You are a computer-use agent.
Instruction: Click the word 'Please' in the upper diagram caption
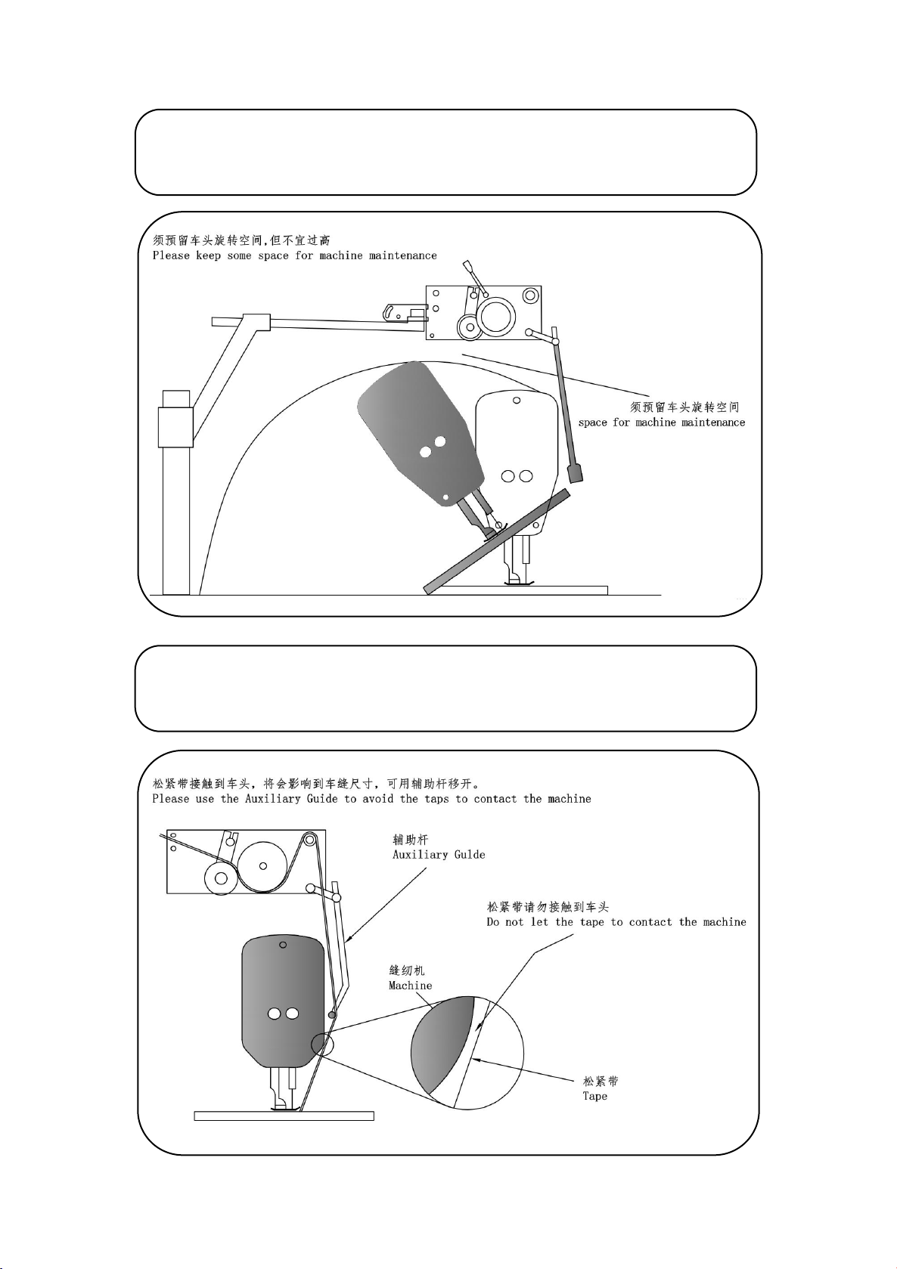click(171, 255)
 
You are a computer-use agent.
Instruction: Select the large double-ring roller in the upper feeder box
click(497, 316)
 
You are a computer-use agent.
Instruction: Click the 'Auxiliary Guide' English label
click(439, 855)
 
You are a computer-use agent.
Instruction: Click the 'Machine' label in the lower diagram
click(410, 986)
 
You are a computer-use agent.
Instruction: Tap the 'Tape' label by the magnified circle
click(594, 1096)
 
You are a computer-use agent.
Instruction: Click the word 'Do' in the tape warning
click(492, 922)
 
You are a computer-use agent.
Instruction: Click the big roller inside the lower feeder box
click(262, 866)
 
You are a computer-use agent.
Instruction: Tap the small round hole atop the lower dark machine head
click(283, 945)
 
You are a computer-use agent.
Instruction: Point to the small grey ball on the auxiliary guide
click(332, 1014)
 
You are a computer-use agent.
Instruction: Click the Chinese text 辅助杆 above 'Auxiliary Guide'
click(410, 840)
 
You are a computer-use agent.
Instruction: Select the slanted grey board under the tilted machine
click(496, 542)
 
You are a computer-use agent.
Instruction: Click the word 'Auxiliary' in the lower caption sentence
click(273, 799)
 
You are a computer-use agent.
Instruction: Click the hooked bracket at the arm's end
click(404, 312)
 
